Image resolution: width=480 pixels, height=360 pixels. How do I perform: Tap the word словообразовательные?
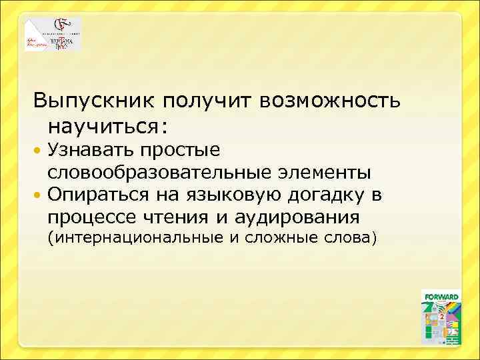tap(157, 173)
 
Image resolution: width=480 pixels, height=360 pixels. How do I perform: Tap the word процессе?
tap(91, 217)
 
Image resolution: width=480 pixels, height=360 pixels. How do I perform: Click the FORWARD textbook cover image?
tap(441, 317)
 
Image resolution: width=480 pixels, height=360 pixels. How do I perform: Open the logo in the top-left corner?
tap(53, 35)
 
